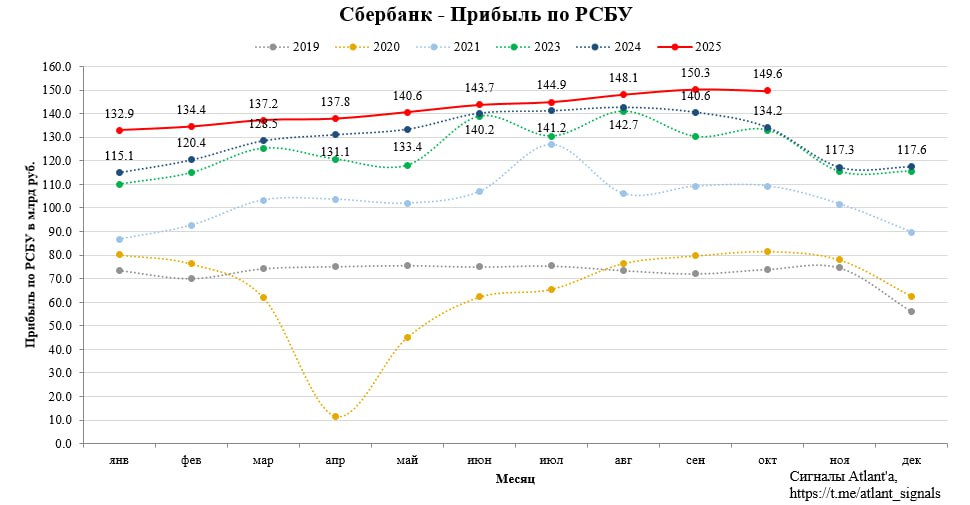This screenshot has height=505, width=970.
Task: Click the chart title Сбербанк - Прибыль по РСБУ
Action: coord(486,15)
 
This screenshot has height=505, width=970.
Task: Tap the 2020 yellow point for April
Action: coord(335,417)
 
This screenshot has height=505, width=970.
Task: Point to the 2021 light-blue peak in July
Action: coord(551,145)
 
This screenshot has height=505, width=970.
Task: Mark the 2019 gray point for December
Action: coord(911,312)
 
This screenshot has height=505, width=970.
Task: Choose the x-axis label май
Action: coord(407,460)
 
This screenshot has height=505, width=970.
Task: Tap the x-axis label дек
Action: coord(911,460)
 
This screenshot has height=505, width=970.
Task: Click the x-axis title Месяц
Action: coord(515,480)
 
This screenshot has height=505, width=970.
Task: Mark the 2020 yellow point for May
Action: coord(407,337)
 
